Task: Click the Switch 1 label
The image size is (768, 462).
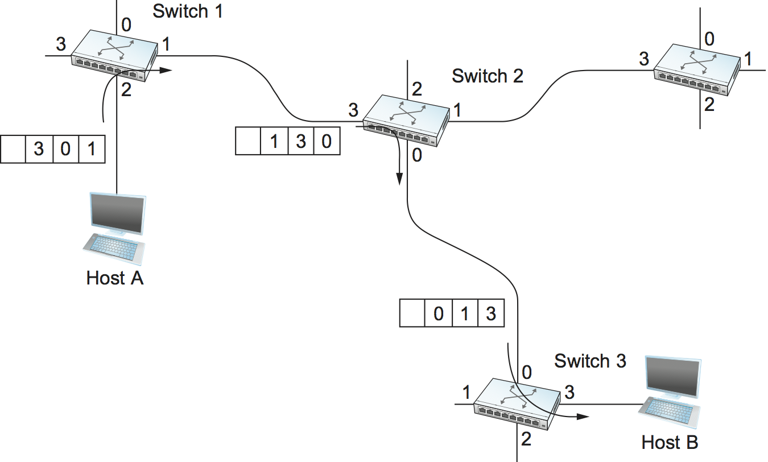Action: click(188, 11)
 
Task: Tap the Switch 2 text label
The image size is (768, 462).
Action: click(487, 76)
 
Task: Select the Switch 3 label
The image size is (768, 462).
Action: click(590, 361)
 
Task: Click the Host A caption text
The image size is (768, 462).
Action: click(114, 278)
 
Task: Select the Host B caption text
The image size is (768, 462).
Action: click(670, 442)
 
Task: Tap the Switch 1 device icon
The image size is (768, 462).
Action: click(114, 55)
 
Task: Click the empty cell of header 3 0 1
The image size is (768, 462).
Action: click(13, 149)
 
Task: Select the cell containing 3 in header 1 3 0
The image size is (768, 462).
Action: click(300, 141)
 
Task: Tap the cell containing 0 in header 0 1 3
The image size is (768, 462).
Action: click(438, 313)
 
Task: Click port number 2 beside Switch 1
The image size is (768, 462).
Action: click(126, 90)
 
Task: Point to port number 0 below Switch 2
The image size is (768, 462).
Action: click(417, 155)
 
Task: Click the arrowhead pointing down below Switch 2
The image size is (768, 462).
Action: click(399, 179)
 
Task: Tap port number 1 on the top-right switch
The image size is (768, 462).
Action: click(748, 58)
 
